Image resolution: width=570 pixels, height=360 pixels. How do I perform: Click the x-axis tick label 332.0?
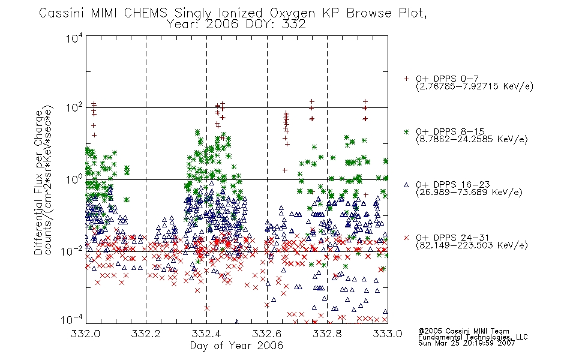85,334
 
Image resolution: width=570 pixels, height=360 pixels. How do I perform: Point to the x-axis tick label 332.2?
146,334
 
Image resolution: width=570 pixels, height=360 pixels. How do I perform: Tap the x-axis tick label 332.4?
206,334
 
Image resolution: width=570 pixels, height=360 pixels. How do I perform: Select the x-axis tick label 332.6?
267,334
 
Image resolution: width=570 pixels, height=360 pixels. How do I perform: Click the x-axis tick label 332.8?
327,334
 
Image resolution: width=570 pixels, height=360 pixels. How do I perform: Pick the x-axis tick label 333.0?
388,334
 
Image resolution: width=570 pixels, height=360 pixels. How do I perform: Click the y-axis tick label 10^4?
74,38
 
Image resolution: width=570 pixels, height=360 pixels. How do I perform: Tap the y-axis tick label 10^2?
74,108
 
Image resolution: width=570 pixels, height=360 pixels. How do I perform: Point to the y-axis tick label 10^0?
74,180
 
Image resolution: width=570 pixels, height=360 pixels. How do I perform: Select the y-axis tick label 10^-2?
71,251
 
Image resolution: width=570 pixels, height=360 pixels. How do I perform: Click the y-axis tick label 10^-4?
71,320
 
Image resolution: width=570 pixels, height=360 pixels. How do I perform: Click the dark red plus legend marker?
406,79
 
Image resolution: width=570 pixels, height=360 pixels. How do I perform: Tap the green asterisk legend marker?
406,131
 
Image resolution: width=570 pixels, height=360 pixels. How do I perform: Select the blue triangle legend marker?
406,185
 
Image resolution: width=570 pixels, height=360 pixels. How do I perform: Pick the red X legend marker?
406,238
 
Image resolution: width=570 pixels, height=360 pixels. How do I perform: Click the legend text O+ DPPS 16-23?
453,185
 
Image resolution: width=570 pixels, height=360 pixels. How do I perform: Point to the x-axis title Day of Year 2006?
236,346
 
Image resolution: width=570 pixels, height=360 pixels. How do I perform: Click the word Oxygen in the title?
292,13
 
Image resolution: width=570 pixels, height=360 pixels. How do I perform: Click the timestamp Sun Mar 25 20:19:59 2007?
466,343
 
